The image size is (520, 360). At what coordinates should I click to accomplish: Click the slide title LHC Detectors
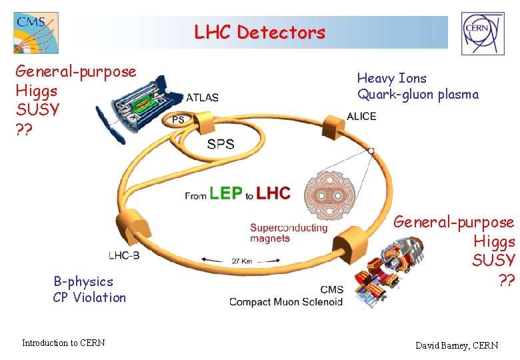259,32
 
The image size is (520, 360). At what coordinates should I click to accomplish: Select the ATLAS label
202,97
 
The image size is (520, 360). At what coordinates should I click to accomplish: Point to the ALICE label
361,117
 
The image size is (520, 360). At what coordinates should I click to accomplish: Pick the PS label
178,120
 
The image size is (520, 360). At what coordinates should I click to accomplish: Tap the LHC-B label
124,255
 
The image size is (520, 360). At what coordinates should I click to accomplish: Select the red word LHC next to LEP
273,193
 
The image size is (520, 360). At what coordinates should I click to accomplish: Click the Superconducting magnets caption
289,233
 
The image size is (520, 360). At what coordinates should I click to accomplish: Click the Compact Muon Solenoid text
285,302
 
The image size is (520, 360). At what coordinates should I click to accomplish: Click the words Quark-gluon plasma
418,95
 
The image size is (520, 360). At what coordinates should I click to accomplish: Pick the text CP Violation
89,297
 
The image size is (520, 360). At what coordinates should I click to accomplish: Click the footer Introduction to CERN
63,343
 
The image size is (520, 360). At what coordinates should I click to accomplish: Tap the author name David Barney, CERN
456,345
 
